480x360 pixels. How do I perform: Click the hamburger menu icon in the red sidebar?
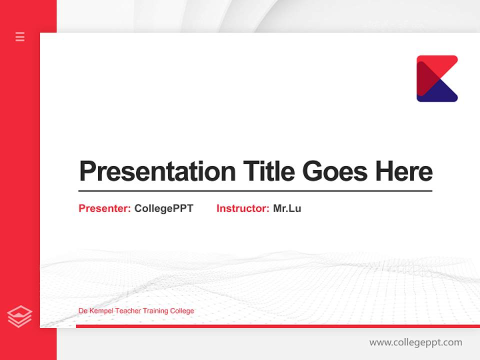click(20, 36)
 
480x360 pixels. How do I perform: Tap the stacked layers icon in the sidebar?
click(19, 316)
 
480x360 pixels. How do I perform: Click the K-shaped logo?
click(437, 78)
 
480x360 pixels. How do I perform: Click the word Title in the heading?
click(269, 171)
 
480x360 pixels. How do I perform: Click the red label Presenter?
click(104, 208)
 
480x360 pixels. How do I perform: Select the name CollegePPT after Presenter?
click(163, 208)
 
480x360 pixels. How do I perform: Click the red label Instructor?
click(242, 208)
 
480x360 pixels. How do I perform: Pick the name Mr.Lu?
click(287, 208)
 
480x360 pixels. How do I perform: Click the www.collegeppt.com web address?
click(415, 342)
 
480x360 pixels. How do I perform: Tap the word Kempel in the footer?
click(101, 311)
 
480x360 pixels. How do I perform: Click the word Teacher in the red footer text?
click(128, 311)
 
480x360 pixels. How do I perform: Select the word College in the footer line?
click(182, 311)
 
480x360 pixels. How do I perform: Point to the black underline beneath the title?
click(255, 191)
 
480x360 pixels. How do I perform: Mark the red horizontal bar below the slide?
click(275, 326)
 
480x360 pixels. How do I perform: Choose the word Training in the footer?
click(155, 311)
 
